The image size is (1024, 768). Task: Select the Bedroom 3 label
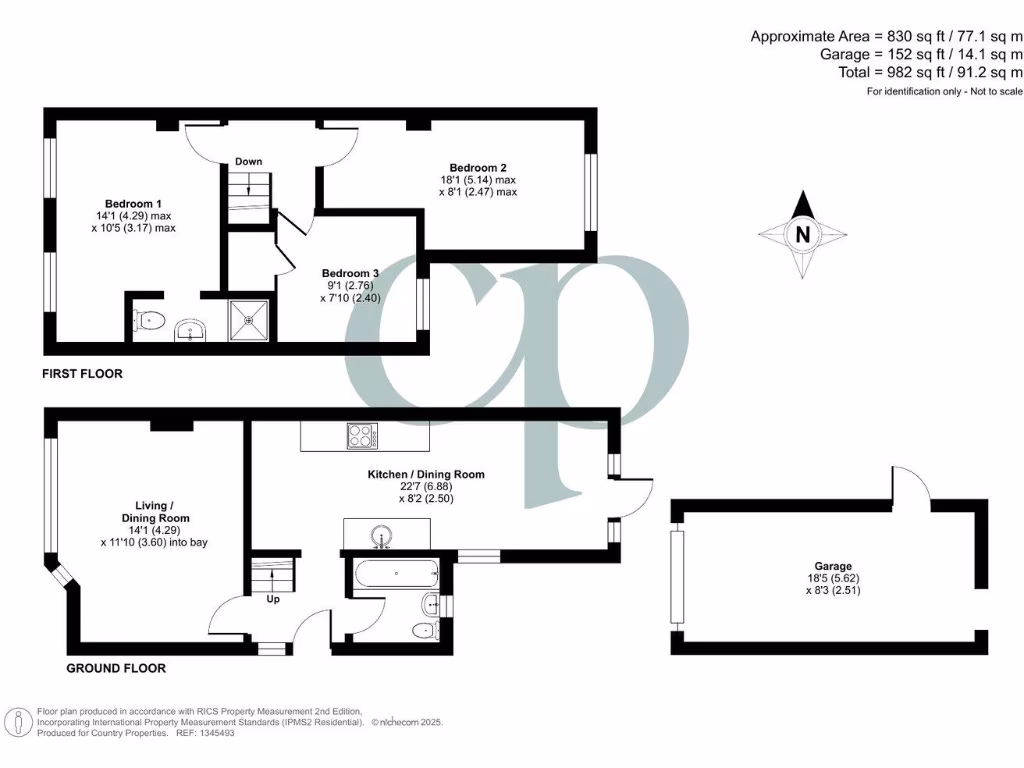[350, 273]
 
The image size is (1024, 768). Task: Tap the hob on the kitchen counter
[361, 435]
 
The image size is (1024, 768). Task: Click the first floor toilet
[149, 320]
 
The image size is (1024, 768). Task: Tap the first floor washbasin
[191, 330]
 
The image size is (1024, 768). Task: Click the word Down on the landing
[248, 161]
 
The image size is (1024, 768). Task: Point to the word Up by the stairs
[271, 600]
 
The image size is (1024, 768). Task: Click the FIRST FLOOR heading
[82, 374]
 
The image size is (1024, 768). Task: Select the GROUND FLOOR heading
[116, 668]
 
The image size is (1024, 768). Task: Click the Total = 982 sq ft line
[930, 72]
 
